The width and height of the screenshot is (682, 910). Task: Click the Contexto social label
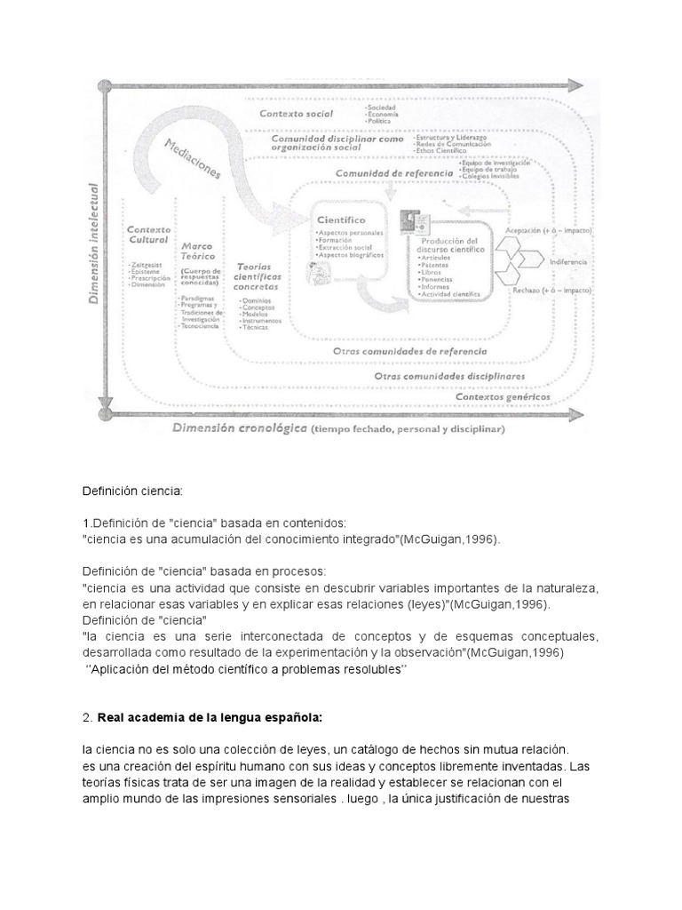click(296, 114)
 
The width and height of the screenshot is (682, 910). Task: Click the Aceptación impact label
click(548, 230)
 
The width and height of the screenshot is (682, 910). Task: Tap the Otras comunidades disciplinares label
click(448, 376)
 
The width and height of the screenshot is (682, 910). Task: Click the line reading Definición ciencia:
click(132, 491)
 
